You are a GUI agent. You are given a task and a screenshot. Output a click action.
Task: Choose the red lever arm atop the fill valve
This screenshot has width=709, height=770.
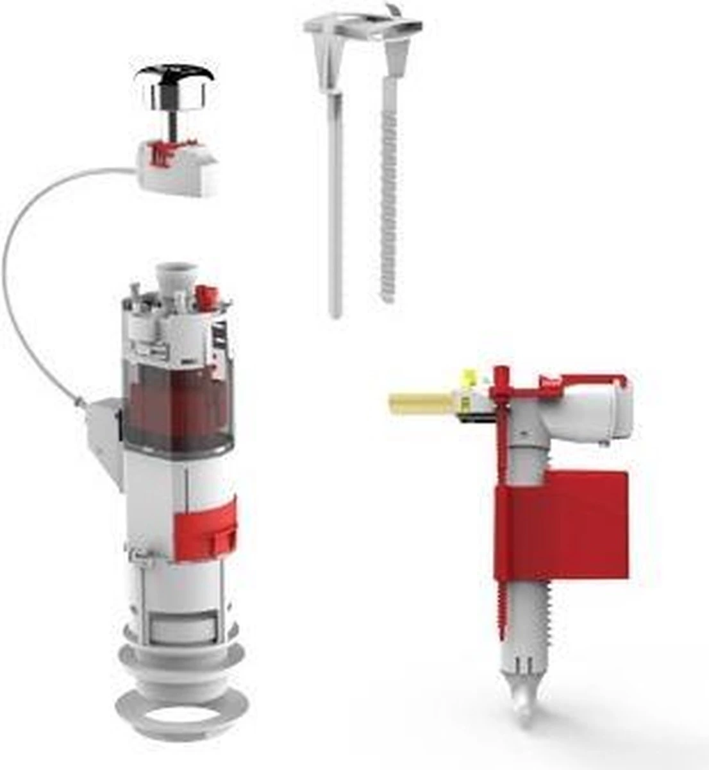(564, 379)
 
